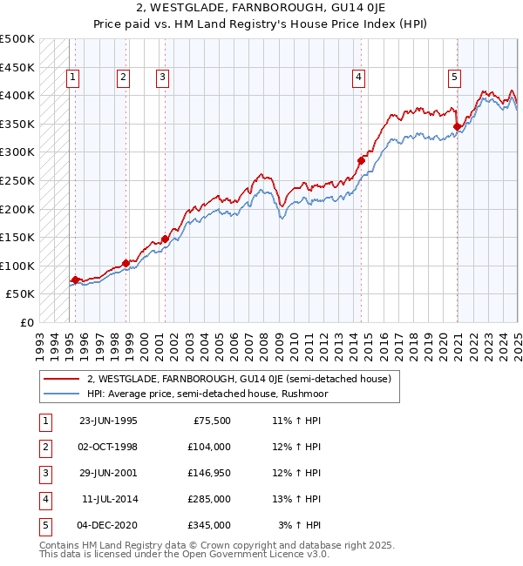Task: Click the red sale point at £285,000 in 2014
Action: point(361,159)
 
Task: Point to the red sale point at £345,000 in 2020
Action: point(458,126)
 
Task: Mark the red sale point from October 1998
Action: point(126,262)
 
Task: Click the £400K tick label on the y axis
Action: point(17,95)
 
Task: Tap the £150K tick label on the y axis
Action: point(17,237)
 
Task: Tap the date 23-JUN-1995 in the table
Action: point(108,420)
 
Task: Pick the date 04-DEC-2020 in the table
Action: point(108,526)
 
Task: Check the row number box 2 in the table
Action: point(44,447)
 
